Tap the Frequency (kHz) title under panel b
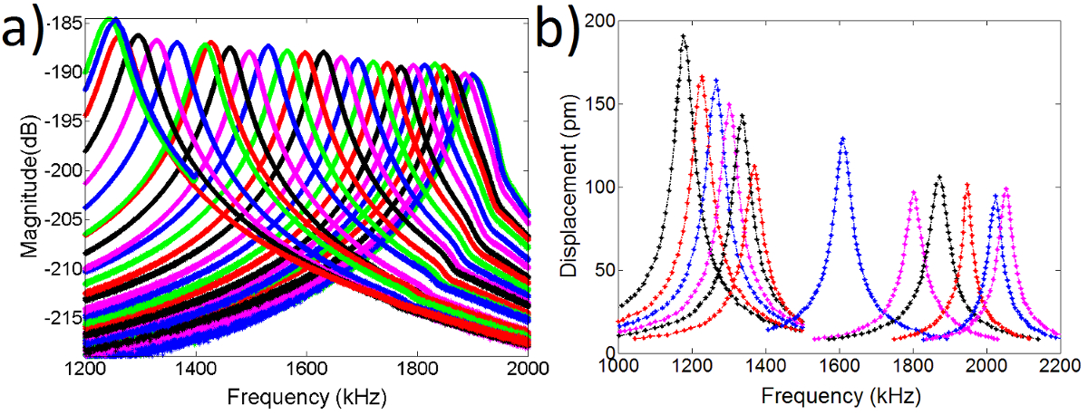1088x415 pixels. point(839,396)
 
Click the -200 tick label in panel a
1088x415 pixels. point(66,170)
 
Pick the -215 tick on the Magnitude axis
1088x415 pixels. point(66,320)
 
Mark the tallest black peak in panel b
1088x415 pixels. point(683,36)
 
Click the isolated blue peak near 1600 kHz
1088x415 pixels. point(843,139)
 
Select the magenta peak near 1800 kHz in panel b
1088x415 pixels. point(913,191)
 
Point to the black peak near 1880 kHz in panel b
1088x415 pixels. point(939,177)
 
